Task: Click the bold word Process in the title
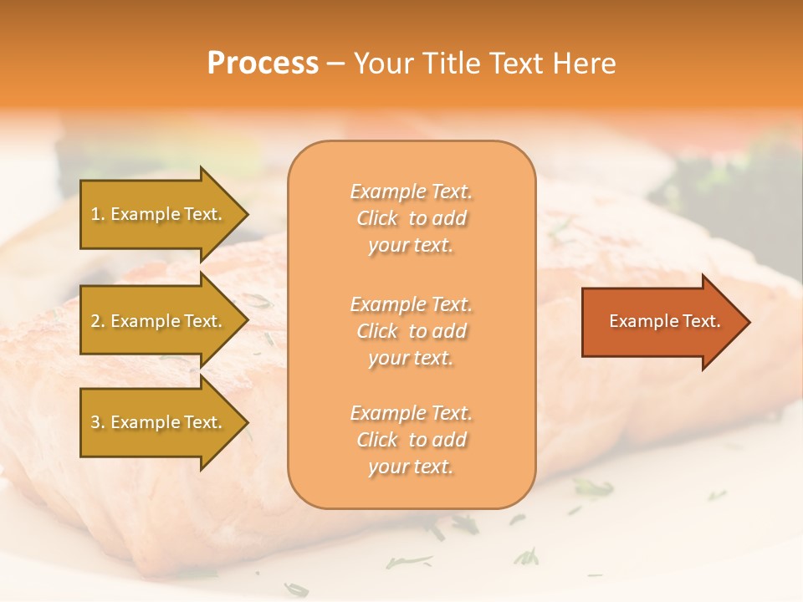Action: point(263,64)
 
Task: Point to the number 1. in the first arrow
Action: point(98,214)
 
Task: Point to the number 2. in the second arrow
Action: point(98,321)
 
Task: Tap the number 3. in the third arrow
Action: point(98,422)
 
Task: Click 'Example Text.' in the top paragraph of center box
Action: point(411,191)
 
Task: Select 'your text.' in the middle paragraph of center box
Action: point(411,358)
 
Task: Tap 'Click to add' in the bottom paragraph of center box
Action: point(411,440)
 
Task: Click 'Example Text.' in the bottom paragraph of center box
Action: point(411,413)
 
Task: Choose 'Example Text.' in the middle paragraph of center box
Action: point(411,304)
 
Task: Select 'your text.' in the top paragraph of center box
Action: point(411,246)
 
